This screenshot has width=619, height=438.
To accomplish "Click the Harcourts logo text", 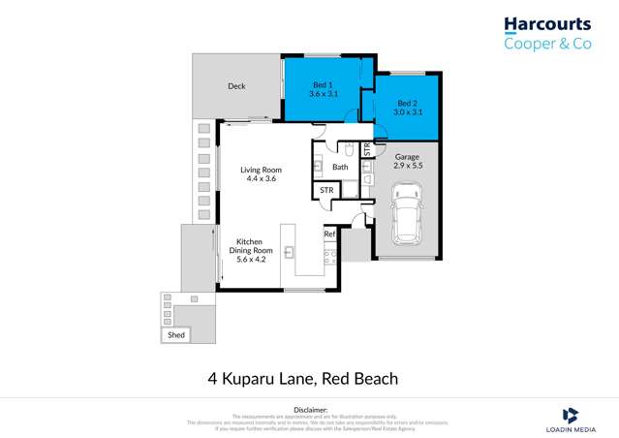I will (547, 23).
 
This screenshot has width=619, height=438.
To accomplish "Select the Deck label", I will (236, 86).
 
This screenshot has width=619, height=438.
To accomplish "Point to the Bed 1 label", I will (323, 84).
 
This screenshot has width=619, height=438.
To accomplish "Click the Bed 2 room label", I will (407, 103).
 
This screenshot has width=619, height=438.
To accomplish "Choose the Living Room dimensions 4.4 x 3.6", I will (261, 179).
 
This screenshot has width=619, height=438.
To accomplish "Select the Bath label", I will (340, 167).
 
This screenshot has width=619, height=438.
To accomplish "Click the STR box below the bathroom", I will (326, 191).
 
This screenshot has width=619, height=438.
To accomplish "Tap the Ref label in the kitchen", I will (329, 234).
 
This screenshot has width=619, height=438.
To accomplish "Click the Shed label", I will (176, 334).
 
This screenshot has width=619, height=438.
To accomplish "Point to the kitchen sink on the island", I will (288, 252).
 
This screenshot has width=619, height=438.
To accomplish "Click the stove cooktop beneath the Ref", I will (329, 257).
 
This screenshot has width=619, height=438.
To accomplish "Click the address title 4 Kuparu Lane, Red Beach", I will (302, 379).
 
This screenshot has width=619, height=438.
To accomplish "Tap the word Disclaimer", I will (310, 410).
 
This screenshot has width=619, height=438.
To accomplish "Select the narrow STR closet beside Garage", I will (367, 150).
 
